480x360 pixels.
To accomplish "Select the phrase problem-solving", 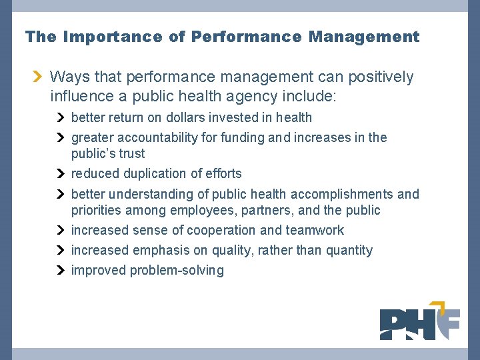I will click(177, 271).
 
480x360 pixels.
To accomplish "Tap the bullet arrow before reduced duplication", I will click(61, 174).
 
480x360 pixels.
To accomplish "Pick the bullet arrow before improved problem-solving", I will click(61, 271).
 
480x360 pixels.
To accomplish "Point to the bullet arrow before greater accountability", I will click(61, 138).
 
